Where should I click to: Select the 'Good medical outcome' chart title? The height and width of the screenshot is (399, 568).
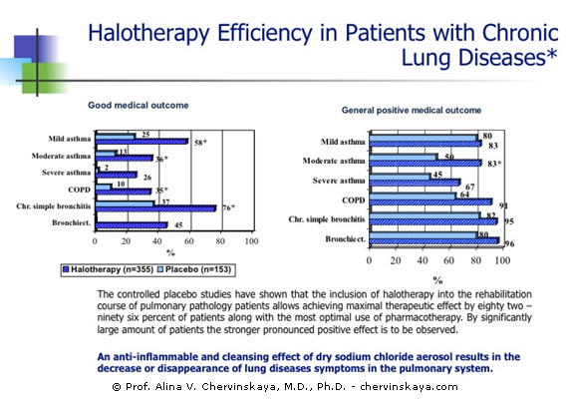tap(139, 105)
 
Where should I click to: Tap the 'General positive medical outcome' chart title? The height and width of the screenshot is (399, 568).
tap(412, 111)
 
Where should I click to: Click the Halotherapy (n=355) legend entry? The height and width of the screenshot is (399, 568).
tap(108, 269)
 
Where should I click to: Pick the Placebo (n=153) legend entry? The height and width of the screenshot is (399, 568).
tap(194, 269)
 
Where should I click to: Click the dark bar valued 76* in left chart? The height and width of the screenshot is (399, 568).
tap(155, 208)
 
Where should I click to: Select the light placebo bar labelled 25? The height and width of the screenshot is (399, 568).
tap(116, 136)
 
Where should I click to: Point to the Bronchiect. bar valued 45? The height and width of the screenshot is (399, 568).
tap(132, 225)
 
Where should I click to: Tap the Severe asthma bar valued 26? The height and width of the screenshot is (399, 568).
tap(117, 175)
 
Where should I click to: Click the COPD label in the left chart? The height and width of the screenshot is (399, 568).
tap(80, 190)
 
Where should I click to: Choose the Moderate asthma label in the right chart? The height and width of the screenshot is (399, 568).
tap(334, 161)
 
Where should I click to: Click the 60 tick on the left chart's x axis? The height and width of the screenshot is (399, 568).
tap(188, 241)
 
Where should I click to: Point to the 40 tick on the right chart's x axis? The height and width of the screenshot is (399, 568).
tap(423, 260)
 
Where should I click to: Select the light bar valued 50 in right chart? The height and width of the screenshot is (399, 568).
tap(404, 157)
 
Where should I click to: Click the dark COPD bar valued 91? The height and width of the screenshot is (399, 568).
tap(430, 202)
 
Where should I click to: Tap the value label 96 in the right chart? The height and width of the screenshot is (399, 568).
tap(509, 243)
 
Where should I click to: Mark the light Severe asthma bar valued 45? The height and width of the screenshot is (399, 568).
tap(400, 177)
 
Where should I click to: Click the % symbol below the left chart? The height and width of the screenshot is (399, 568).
tap(170, 253)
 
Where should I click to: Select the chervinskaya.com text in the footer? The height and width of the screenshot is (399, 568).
tap(409, 387)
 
